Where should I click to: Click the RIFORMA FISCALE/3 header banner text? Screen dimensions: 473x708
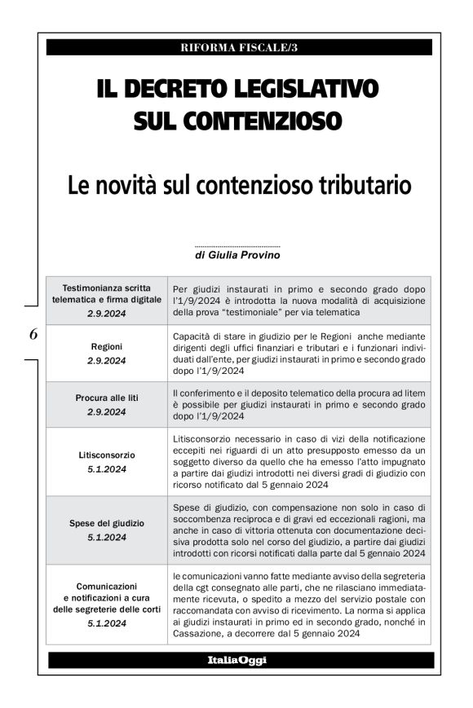[x=239, y=47]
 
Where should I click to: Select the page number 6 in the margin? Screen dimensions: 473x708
[x=33, y=333]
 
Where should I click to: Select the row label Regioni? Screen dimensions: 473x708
[x=107, y=346]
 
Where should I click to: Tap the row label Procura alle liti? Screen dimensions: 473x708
[x=107, y=398]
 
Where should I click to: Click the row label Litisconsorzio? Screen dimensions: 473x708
[x=107, y=455]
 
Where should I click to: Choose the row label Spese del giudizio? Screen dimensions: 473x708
[x=107, y=523]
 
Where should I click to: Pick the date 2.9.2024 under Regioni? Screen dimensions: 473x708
[x=107, y=360]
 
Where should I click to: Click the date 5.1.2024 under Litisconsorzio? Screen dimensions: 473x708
[x=107, y=468]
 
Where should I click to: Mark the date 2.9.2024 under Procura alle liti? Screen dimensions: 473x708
[x=107, y=411]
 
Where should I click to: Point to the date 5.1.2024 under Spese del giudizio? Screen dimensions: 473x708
[x=107, y=537]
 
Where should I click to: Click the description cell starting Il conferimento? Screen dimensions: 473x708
[x=299, y=404]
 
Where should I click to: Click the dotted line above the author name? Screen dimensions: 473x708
[x=237, y=245]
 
